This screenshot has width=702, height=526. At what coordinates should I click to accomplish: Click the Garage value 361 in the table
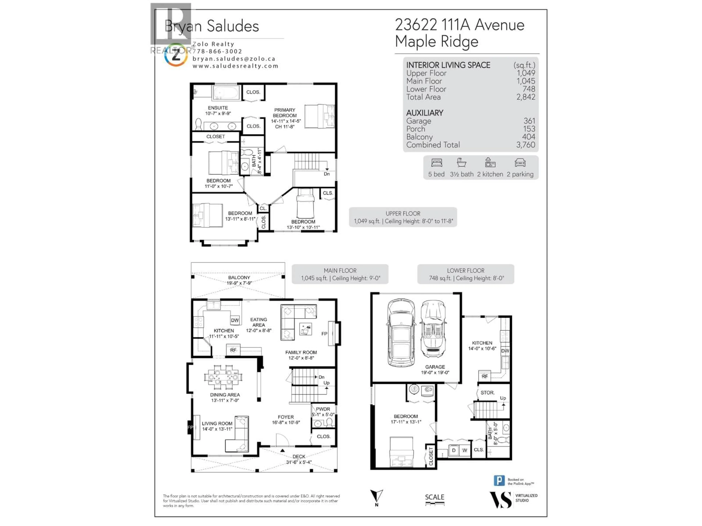529,121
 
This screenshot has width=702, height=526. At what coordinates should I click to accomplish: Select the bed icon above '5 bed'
437,163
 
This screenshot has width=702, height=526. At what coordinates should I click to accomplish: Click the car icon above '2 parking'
520,163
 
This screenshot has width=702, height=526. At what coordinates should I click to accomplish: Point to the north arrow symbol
377,496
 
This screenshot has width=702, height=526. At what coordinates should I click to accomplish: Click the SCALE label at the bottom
435,497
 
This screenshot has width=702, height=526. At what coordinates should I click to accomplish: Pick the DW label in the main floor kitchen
235,320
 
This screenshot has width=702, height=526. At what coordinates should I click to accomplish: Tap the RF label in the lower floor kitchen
485,376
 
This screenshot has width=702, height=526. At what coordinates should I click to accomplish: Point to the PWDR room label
323,409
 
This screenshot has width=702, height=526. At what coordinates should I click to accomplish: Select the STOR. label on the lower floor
487,392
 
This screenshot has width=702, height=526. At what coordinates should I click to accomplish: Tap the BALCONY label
239,277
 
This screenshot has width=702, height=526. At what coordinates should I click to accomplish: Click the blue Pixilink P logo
499,481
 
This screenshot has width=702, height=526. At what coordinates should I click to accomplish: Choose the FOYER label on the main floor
286,417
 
